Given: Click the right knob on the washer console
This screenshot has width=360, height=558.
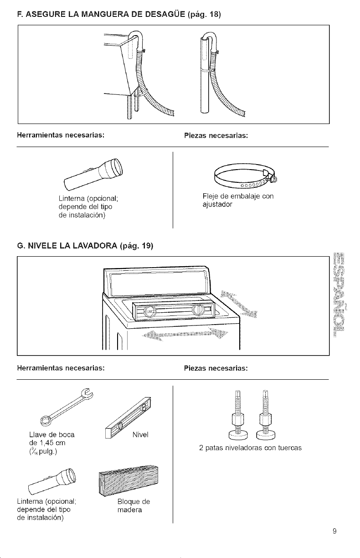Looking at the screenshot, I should click(199, 310).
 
